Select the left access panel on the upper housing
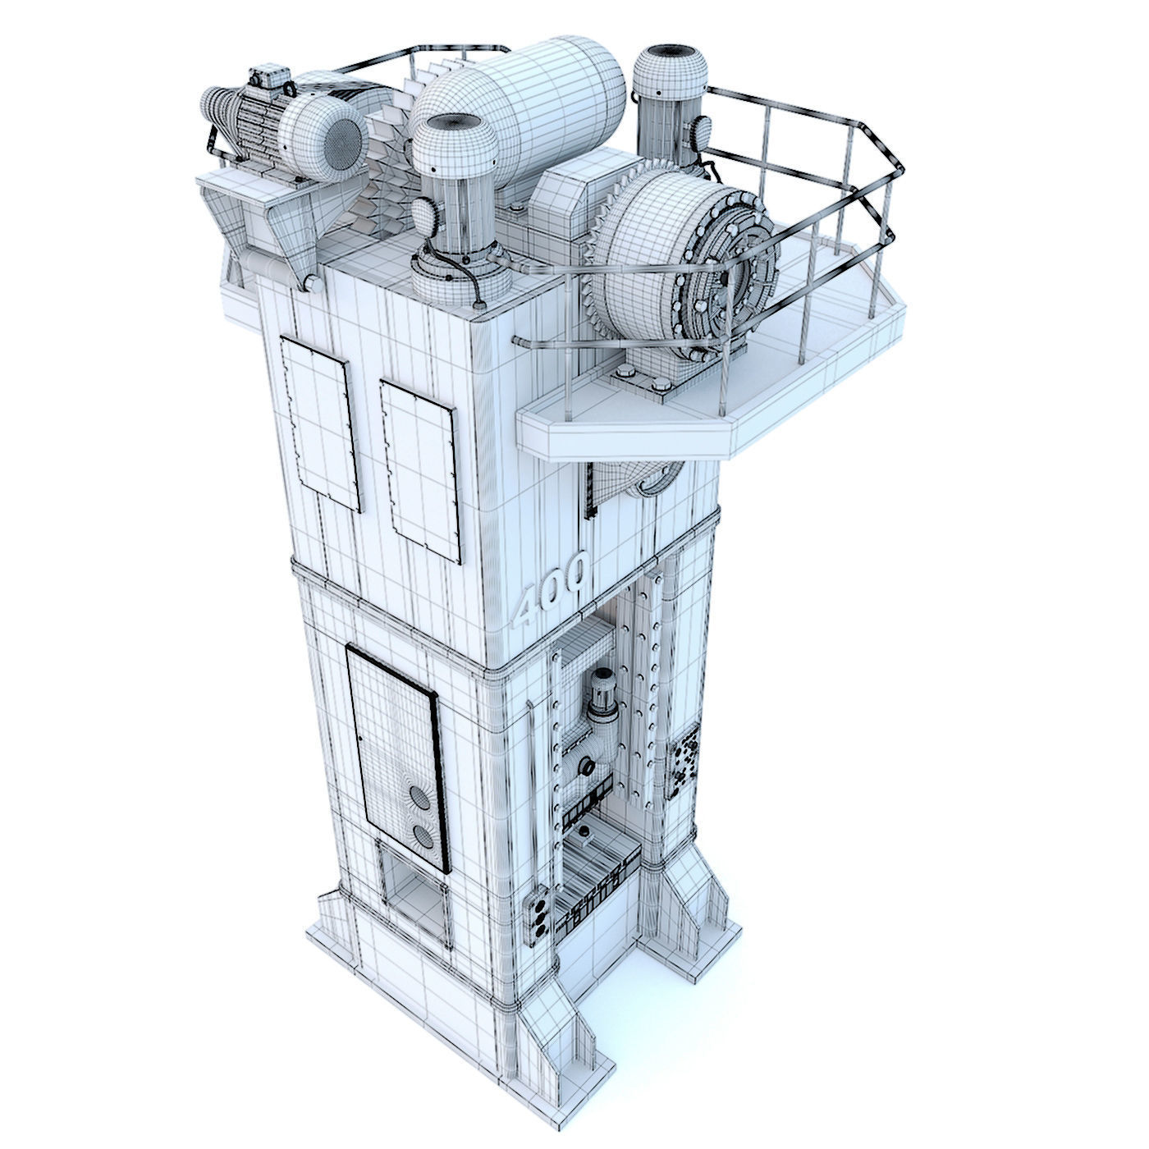click(x=321, y=423)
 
